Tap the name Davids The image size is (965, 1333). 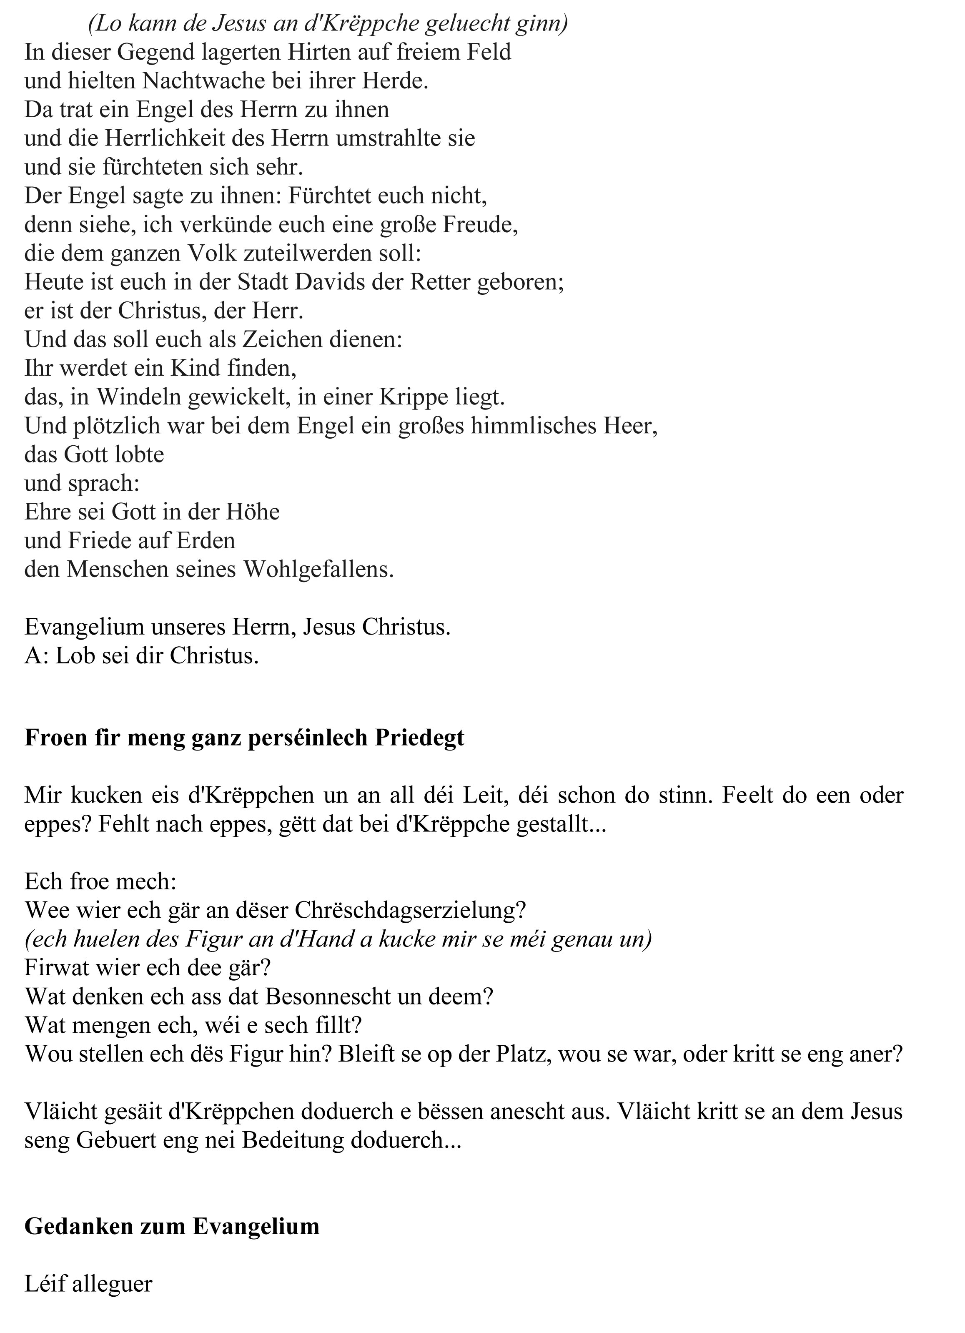(323, 282)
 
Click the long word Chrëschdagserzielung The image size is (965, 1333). (410, 910)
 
